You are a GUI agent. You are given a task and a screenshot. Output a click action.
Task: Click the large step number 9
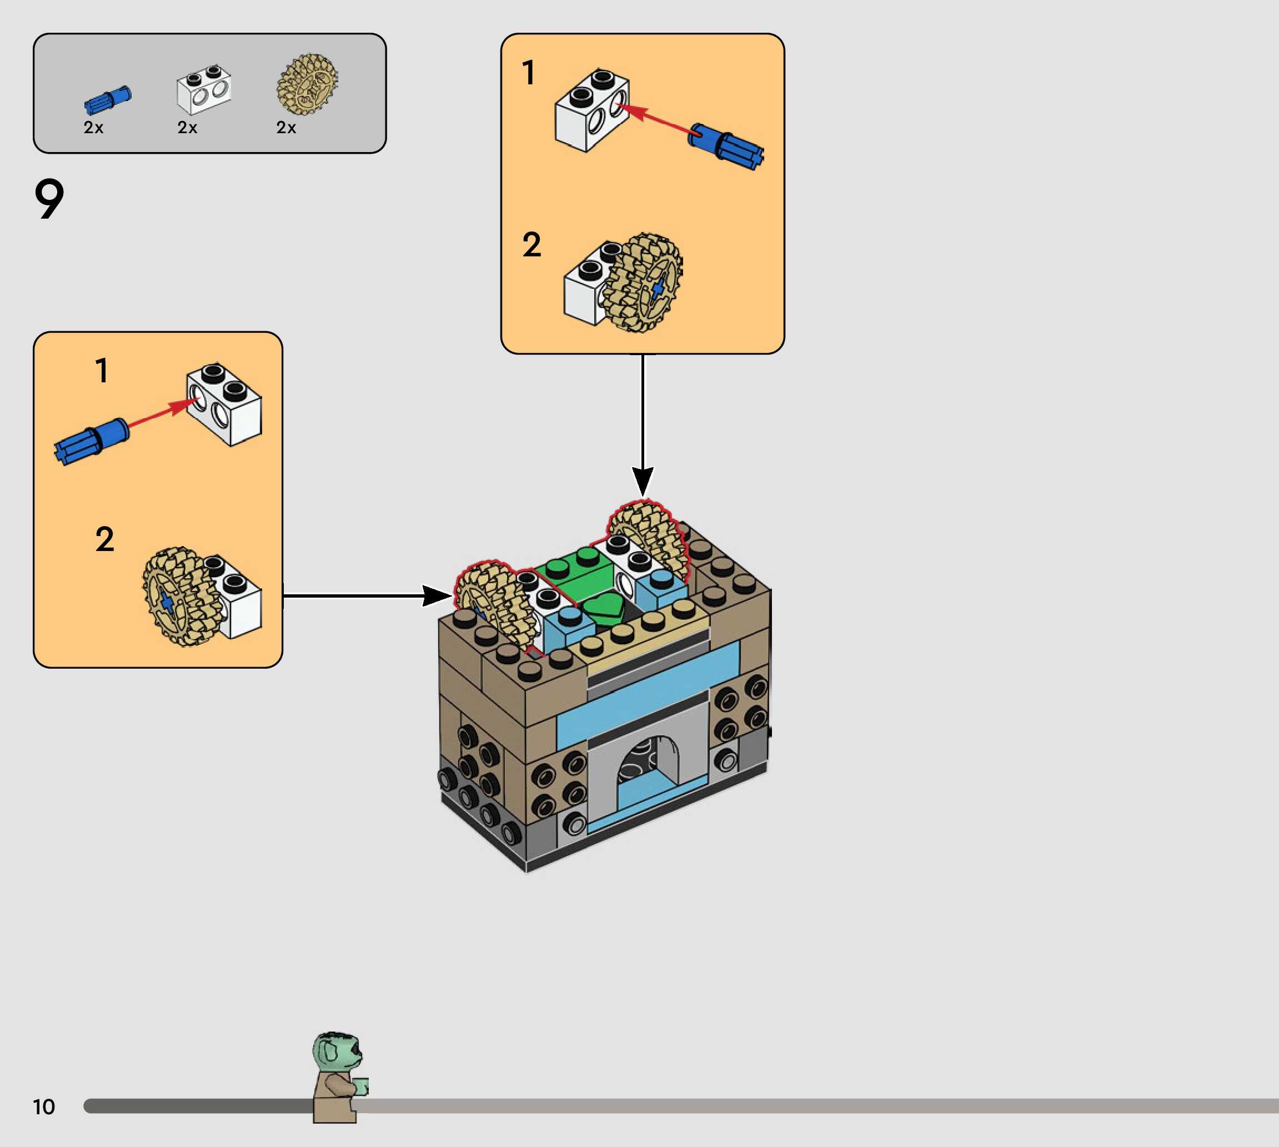click(49, 198)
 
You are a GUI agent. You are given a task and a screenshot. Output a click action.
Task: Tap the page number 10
click(44, 1106)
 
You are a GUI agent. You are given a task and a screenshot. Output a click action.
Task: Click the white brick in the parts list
click(204, 89)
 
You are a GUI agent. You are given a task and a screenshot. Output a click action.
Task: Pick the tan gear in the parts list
click(307, 84)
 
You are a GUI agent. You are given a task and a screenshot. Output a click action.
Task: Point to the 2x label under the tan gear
click(287, 128)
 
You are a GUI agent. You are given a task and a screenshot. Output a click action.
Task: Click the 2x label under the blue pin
click(93, 128)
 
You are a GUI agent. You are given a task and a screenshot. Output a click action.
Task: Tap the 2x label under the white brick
click(187, 128)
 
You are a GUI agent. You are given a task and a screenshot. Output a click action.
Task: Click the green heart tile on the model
click(603, 609)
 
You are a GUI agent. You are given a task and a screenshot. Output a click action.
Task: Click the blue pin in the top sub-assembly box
click(726, 146)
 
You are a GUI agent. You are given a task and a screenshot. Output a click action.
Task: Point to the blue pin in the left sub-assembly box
click(92, 441)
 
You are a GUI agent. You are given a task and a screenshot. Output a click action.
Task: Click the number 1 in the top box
click(529, 73)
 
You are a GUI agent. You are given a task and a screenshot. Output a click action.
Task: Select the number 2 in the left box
click(105, 539)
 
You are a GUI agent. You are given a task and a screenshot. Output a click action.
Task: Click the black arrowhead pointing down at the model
click(643, 482)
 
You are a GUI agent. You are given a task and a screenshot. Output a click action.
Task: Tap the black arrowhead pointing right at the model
click(437, 595)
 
